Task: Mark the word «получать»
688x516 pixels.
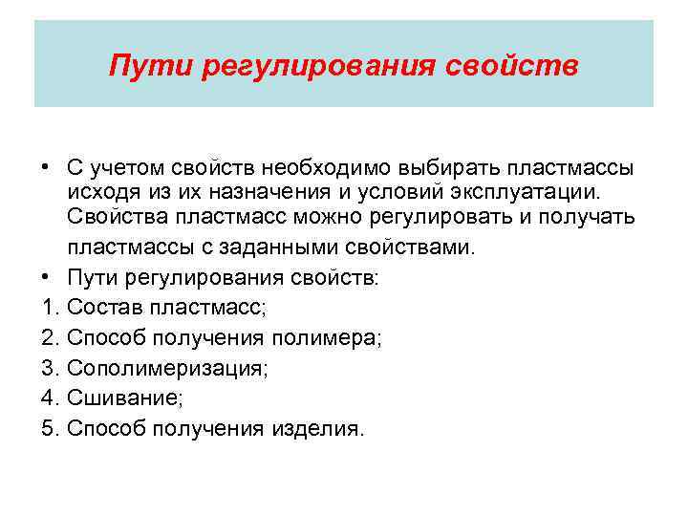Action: [x=588, y=217]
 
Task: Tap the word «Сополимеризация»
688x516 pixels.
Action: [x=166, y=369]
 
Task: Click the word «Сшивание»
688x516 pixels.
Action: [x=120, y=398]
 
